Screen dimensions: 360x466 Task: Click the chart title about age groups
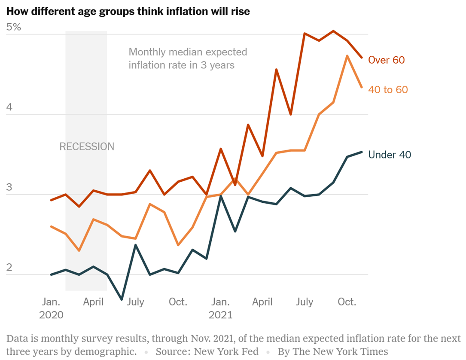(x=128, y=12)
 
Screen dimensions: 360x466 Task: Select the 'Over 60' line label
(x=386, y=60)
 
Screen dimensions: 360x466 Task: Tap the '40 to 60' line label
(x=388, y=89)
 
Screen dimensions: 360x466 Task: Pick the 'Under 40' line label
(x=390, y=155)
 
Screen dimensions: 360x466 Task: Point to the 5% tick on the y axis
(x=13, y=27)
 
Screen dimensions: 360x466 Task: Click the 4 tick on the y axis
(x=9, y=107)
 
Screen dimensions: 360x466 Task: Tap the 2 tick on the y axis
(x=9, y=267)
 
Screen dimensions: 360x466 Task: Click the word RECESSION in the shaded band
(x=87, y=147)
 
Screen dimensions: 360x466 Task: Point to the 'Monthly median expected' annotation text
(x=188, y=52)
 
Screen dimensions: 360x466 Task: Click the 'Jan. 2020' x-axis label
(x=51, y=308)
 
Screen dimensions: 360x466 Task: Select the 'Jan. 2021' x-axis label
(x=220, y=308)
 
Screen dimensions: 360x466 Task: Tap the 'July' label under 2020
(x=135, y=302)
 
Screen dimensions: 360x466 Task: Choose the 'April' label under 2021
(x=262, y=302)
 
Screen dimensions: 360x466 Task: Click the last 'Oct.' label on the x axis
(x=347, y=302)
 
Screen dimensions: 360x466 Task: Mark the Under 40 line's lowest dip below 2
(x=122, y=299)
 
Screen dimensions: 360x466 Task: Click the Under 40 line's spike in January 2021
(x=220, y=196)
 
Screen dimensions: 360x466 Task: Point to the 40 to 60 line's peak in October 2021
(x=347, y=56)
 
